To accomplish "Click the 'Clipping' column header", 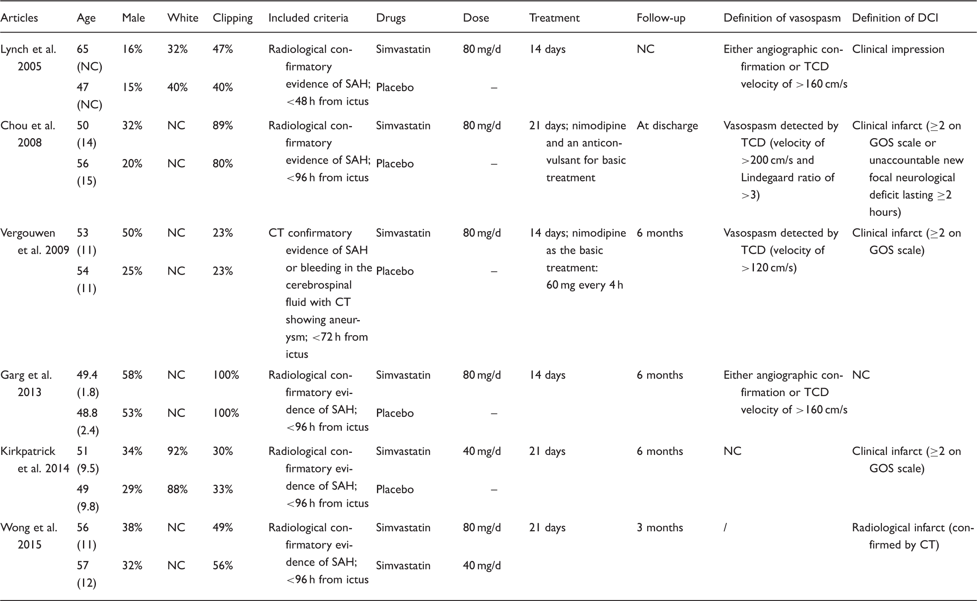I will click(x=232, y=18).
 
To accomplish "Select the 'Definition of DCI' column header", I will click(x=895, y=18).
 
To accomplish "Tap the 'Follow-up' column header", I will click(x=661, y=18).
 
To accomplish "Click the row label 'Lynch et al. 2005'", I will click(x=28, y=58).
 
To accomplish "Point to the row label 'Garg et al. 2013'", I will click(x=26, y=383).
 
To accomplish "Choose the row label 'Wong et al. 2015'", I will click(x=29, y=536).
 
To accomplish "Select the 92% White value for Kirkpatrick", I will click(x=177, y=451).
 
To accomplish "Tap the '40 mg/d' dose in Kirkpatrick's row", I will click(x=482, y=451).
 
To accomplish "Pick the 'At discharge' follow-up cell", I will click(x=667, y=126).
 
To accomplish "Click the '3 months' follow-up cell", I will click(x=660, y=528).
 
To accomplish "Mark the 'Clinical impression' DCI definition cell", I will click(x=898, y=49).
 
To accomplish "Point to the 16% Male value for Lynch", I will click(x=132, y=49).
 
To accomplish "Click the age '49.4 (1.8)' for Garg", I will click(x=88, y=383).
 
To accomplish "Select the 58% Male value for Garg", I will click(x=132, y=375).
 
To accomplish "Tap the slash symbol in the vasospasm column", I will click(x=726, y=528).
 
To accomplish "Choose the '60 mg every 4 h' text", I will click(x=584, y=285).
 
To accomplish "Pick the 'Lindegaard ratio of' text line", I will click(x=787, y=177).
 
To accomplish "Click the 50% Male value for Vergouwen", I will click(x=132, y=233).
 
